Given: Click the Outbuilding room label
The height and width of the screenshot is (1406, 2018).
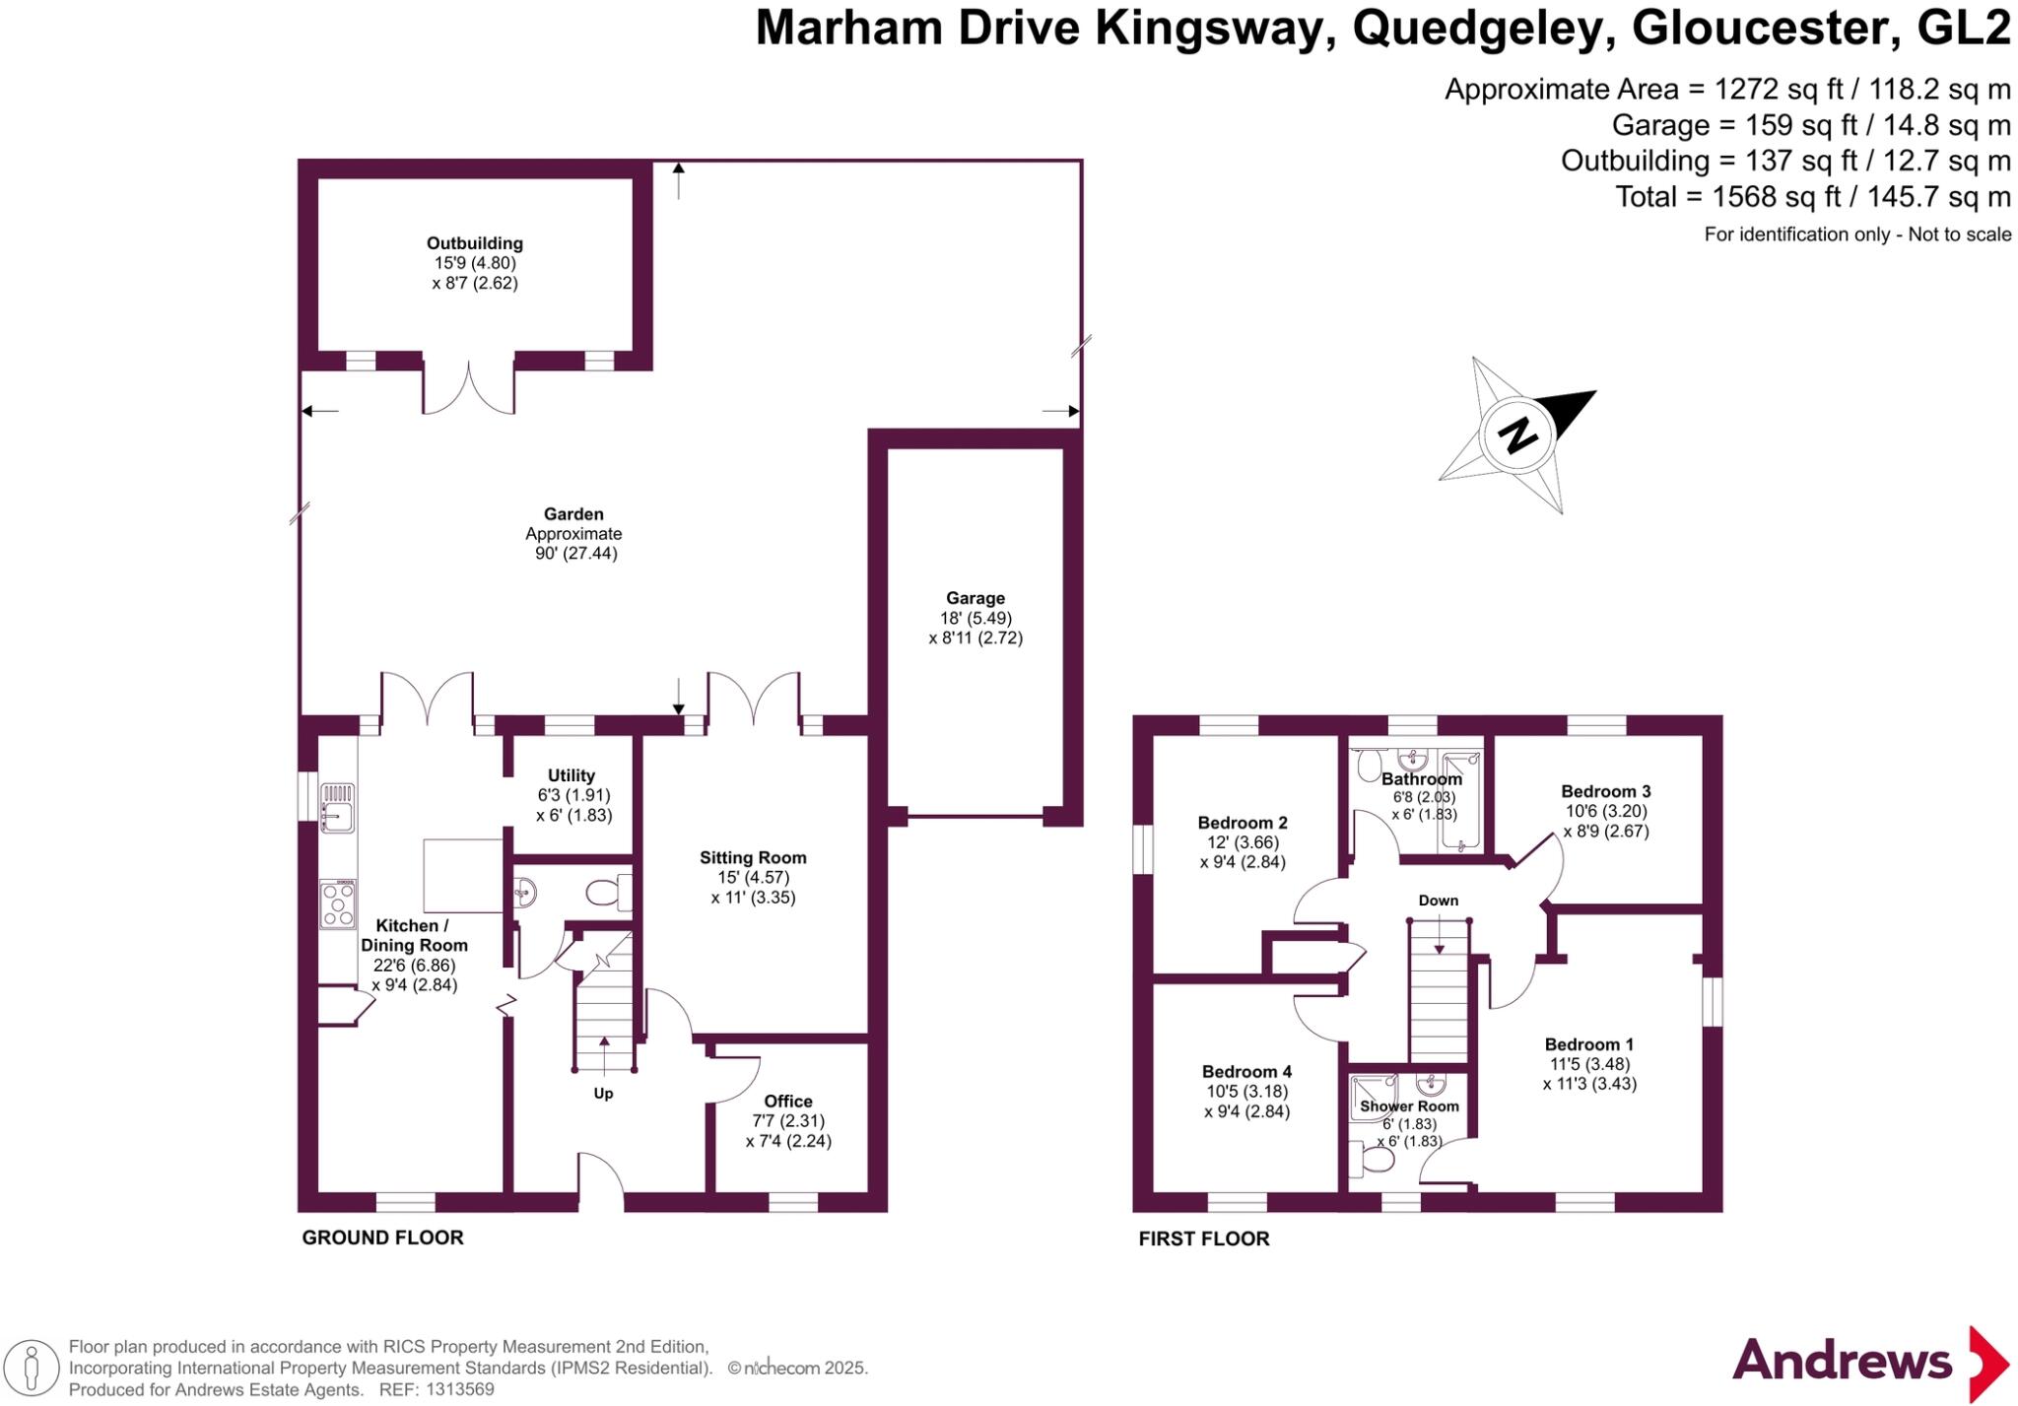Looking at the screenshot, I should pos(474,243).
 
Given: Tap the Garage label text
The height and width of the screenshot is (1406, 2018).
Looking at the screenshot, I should pos(975,598).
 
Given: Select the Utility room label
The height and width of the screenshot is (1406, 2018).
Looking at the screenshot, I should pos(572,775).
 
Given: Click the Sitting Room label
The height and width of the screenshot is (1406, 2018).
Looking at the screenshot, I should pos(753,858).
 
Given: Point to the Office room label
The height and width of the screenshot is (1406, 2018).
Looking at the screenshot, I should pos(788,1102).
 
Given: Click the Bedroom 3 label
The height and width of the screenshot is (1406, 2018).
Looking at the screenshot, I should pos(1605,791).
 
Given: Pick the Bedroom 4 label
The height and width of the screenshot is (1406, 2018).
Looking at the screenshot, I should pos(1246,1072).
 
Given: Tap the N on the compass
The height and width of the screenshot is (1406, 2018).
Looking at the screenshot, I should pos(1518,434).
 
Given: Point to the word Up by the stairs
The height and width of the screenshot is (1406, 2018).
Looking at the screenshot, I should pos(603,1094).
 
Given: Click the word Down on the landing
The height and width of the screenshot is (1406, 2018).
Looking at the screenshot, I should pos(1438,901).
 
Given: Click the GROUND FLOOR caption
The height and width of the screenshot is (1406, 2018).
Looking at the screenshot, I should pos(382,1238).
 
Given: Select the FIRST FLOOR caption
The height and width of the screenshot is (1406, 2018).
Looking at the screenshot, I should pos(1203,1239).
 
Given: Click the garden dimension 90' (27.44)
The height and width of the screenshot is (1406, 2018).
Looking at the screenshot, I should pos(575,554).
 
